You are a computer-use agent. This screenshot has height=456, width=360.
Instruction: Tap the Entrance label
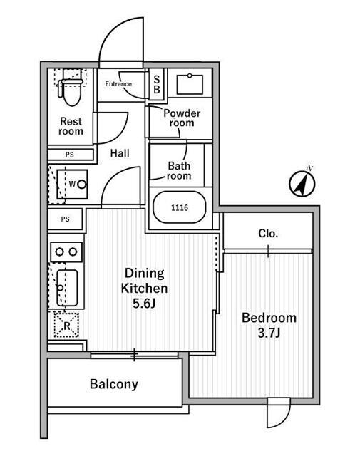[x=118, y=84]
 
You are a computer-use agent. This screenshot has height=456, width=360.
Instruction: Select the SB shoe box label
[x=157, y=84]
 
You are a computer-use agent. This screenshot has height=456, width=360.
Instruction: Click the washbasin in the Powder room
[x=190, y=84]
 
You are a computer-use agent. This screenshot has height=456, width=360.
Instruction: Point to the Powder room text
[x=182, y=118]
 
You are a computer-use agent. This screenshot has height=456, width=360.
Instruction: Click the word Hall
[x=120, y=153]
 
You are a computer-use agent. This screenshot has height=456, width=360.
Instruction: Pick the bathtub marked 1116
[x=180, y=207]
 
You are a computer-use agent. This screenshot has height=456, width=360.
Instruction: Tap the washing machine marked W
[x=73, y=184]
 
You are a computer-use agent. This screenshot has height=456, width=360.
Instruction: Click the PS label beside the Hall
[x=70, y=155]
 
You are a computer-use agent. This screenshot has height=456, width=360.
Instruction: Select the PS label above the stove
[x=65, y=219]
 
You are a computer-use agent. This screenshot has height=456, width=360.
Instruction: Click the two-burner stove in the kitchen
[x=66, y=252]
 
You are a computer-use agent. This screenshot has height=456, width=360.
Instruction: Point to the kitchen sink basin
[x=67, y=288]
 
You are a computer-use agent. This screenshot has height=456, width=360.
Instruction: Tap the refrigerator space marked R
[x=66, y=325]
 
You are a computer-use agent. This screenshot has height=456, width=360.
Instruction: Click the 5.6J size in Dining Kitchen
[x=144, y=304]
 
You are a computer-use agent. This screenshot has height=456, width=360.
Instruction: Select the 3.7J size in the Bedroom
[x=269, y=333]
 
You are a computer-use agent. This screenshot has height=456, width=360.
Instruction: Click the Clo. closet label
[x=268, y=233]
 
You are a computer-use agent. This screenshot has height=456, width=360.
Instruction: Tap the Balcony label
[x=114, y=384]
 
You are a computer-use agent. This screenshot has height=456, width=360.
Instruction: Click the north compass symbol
[x=302, y=184]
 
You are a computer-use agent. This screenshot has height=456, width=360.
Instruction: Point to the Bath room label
[x=179, y=171]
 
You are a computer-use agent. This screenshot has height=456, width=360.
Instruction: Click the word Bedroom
[x=269, y=318]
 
